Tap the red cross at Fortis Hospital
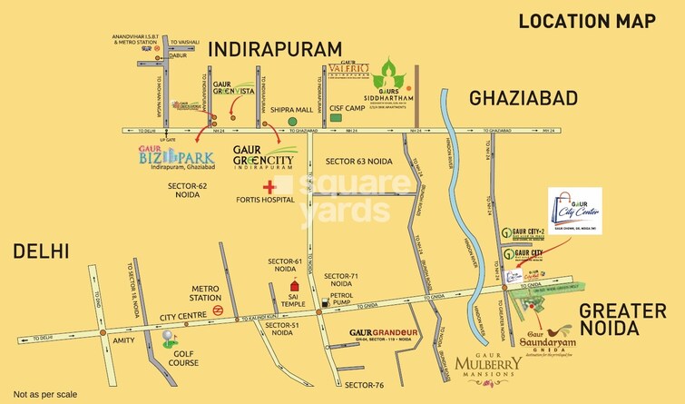(x=269, y=186)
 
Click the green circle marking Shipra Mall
(x=292, y=120)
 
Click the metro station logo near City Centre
(x=219, y=308)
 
